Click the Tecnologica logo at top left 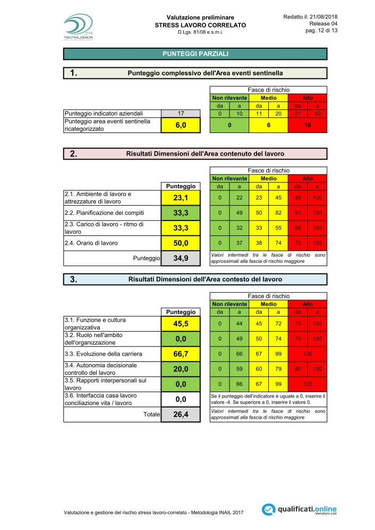click(78, 26)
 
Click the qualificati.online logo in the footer click(300, 509)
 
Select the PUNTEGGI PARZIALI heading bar click(195, 54)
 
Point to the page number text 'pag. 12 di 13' click(320, 31)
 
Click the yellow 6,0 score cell click(181, 126)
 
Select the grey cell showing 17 click(181, 113)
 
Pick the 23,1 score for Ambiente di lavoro click(181, 198)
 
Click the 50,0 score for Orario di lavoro click(181, 243)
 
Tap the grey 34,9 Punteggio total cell click(181, 259)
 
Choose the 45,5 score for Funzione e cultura click(181, 323)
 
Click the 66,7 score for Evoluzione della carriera click(181, 354)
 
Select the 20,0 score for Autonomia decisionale click(181, 369)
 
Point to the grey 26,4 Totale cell click(181, 415)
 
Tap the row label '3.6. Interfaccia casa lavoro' click(100, 395)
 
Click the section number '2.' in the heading click(74, 154)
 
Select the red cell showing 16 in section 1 click(308, 126)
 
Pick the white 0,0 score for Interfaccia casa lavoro click(181, 399)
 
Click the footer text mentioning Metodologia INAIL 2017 click(154, 513)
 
